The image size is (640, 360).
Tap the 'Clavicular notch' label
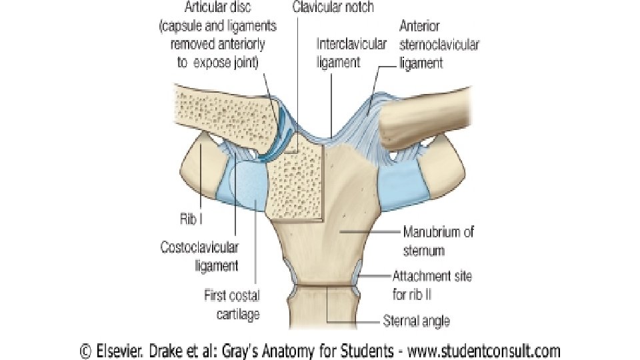tap(333, 9)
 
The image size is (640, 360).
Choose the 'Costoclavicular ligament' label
tap(199, 257)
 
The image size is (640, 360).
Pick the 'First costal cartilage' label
tap(231, 303)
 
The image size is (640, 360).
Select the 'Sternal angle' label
tap(416, 321)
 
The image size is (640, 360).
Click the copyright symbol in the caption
tap(85, 350)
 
